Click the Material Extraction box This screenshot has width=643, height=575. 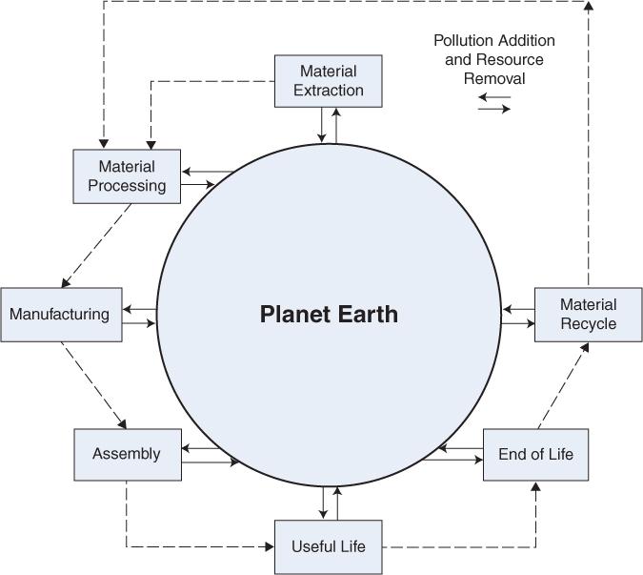click(x=328, y=81)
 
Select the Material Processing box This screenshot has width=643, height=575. click(x=127, y=176)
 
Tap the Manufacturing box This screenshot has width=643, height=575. click(x=61, y=314)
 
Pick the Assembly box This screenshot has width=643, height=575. click(x=127, y=454)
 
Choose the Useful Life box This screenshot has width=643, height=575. click(x=328, y=546)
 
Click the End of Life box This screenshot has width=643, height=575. click(x=535, y=454)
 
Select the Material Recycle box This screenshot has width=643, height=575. click(x=588, y=315)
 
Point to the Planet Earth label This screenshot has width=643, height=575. click(x=329, y=315)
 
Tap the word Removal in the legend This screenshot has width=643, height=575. click(x=494, y=78)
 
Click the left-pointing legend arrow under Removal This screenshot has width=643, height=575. click(x=494, y=96)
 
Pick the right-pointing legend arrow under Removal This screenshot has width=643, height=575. click(x=494, y=109)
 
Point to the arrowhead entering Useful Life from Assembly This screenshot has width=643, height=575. click(x=270, y=546)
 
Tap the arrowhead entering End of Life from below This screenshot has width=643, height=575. click(x=535, y=487)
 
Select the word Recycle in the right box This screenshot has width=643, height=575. click(x=588, y=324)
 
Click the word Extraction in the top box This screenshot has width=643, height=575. click(x=328, y=91)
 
